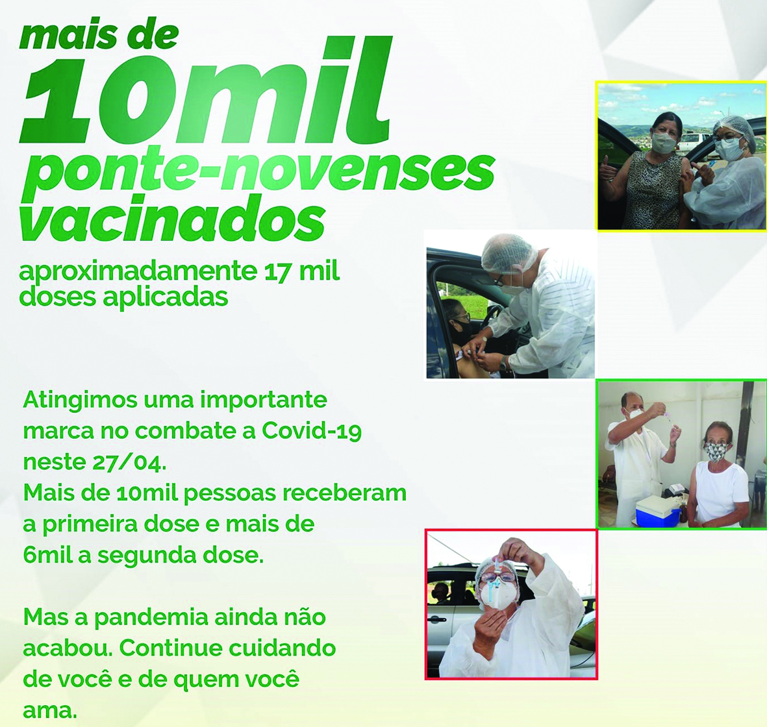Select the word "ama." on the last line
coord(50,711)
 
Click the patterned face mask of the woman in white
coord(718,451)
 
